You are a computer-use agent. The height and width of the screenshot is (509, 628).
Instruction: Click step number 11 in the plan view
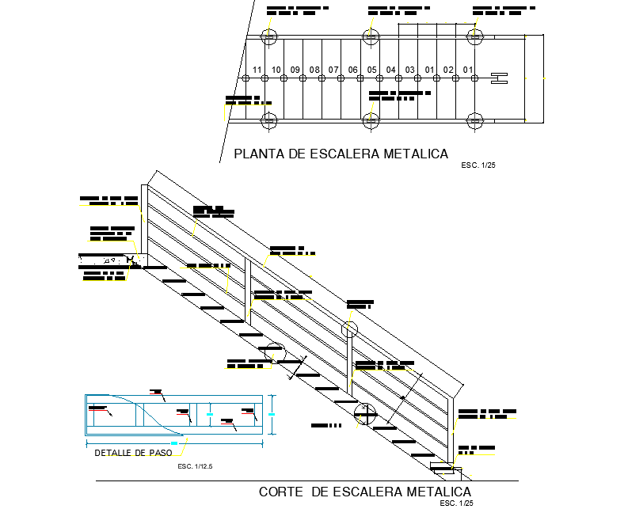click(257, 70)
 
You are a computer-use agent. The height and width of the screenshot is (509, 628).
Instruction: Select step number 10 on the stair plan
click(276, 70)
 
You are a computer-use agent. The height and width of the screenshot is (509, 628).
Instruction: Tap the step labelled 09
click(295, 70)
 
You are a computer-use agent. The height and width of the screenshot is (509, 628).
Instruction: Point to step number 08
click(314, 70)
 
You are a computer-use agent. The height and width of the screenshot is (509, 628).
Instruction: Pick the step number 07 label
click(333, 70)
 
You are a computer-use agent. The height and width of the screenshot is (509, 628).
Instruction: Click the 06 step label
click(353, 70)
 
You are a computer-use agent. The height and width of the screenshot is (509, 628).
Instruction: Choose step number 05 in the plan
click(372, 70)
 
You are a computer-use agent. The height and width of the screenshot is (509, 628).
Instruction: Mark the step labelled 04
click(391, 70)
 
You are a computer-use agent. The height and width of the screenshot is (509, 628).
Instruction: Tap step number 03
click(410, 70)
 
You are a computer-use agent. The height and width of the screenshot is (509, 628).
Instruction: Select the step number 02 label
click(448, 70)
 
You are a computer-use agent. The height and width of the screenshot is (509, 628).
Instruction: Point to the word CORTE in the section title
click(280, 492)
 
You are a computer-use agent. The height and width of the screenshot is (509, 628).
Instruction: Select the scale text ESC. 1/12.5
click(196, 467)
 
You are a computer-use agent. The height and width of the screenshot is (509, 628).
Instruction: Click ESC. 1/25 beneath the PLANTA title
click(478, 166)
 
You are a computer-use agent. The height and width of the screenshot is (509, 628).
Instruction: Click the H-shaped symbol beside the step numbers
click(499, 78)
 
